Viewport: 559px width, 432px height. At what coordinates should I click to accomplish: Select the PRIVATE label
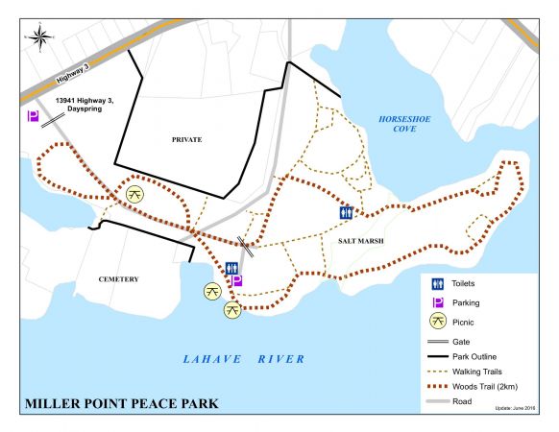186,140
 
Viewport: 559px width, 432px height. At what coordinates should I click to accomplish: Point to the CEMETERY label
119,279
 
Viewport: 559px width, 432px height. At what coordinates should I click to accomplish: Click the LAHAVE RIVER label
244,358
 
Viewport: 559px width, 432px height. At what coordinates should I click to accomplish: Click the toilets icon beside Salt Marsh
346,213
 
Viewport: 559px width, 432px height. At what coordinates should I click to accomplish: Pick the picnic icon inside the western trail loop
136,194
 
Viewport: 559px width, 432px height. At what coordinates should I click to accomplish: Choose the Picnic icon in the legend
437,322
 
